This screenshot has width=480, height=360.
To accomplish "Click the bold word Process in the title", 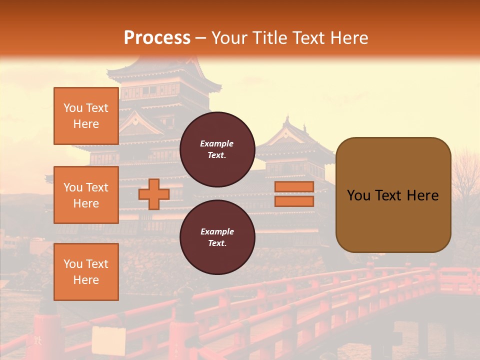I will (157, 38).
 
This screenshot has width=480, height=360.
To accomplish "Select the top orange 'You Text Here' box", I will (86, 116).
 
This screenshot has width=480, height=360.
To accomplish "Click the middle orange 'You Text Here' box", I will (86, 195).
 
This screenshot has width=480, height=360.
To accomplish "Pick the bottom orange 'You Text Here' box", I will (86, 271).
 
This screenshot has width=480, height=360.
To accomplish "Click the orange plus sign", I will (153, 194).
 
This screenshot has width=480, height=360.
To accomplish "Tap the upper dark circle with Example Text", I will (217, 146).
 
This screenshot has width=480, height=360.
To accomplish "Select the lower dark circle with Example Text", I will (217, 236).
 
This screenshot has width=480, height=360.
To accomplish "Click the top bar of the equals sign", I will (294, 187).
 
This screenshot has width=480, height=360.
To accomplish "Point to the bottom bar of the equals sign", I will (294, 201).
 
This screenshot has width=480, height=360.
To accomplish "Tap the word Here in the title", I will (349, 38).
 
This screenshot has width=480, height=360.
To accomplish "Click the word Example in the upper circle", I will (217, 143).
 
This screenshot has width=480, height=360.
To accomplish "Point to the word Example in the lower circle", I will (217, 231).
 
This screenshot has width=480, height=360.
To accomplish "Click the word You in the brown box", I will (358, 195).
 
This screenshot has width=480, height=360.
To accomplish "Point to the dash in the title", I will (200, 38).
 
